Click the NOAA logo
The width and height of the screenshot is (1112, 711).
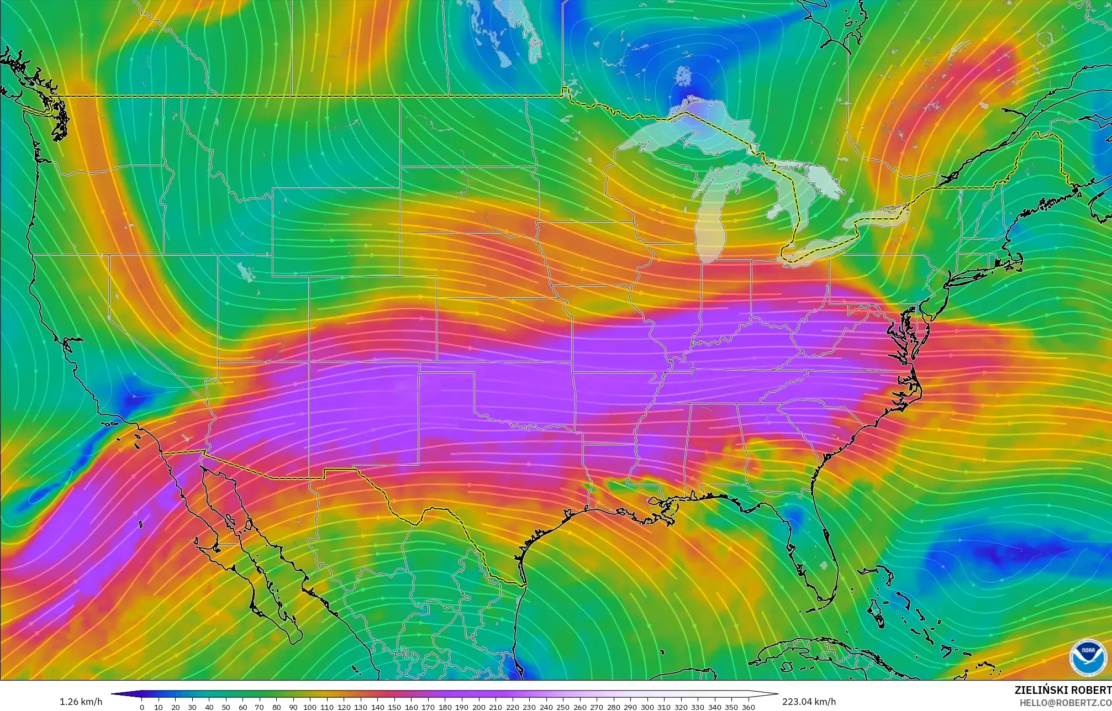pyautogui.click(x=1088, y=657)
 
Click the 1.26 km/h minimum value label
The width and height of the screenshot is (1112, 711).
pyautogui.click(x=81, y=702)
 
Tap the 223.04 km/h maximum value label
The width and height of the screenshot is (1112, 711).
pyautogui.click(x=809, y=702)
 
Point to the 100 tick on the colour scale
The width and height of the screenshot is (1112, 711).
pyautogui.click(x=310, y=707)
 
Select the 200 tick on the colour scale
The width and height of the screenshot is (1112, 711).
pyautogui.click(x=478, y=707)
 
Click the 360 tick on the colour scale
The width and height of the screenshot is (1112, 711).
pyautogui.click(x=748, y=707)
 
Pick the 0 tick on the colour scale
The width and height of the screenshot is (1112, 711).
pyautogui.click(x=141, y=707)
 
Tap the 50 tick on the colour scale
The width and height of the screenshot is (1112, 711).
pyautogui.click(x=226, y=707)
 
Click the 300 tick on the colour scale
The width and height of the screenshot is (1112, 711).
pyautogui.click(x=647, y=707)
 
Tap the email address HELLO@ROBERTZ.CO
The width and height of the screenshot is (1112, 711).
pyautogui.click(x=1065, y=703)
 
